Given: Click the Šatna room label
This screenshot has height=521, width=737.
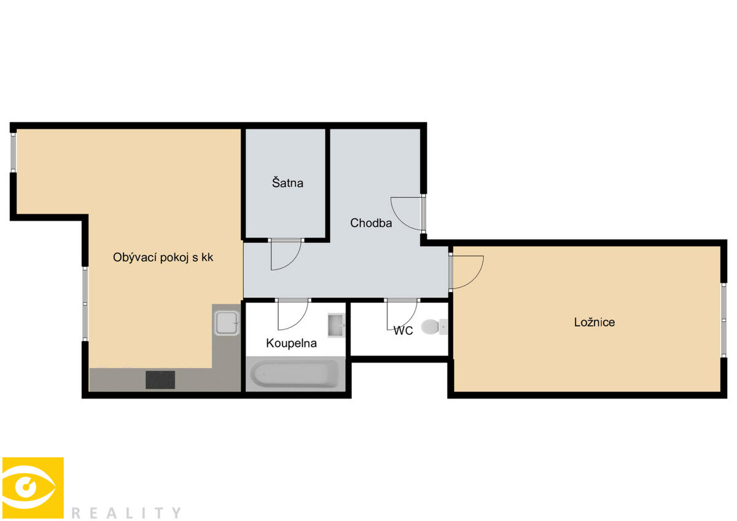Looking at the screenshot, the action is [x=287, y=183].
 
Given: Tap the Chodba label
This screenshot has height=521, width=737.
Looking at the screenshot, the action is [x=371, y=223].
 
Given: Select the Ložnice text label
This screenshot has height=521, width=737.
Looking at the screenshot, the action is [x=595, y=322].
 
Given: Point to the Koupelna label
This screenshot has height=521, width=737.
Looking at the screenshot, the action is [x=291, y=343].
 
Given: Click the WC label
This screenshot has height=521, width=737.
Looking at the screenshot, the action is [x=403, y=331].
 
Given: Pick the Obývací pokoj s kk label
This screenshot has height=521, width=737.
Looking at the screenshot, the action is [x=163, y=257].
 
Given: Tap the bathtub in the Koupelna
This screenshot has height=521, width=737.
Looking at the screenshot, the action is [x=294, y=374].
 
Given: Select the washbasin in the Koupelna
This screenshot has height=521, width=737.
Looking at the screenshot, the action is [x=336, y=326].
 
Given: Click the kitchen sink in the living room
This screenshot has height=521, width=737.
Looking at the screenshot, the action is [x=227, y=323].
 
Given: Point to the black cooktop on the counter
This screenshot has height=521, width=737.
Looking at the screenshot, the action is [x=160, y=380].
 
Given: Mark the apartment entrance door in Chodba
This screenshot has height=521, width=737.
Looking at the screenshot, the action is [x=423, y=214].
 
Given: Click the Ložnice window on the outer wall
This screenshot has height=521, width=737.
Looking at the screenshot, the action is [x=723, y=320].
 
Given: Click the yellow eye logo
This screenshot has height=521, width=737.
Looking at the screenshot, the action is [x=33, y=488].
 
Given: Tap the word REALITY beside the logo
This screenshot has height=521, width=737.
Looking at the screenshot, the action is [x=126, y=513].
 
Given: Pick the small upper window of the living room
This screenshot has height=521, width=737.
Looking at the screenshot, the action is [x=13, y=152].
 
